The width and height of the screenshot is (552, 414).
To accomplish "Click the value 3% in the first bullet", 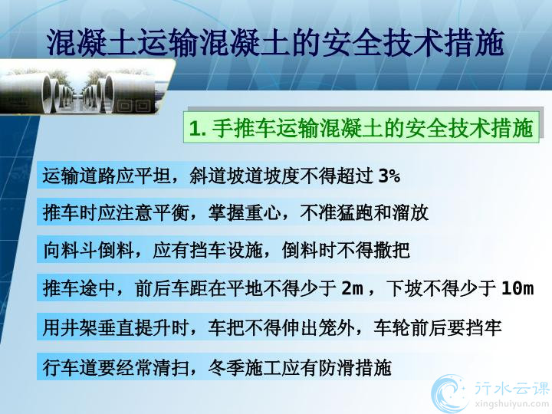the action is [x=389, y=176].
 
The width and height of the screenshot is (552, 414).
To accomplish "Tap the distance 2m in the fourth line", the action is [x=352, y=288].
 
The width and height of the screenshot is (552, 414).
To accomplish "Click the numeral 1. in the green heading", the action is [x=197, y=128].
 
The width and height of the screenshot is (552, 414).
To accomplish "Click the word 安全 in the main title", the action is [x=352, y=43].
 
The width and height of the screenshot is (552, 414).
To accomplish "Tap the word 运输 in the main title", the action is [x=168, y=43].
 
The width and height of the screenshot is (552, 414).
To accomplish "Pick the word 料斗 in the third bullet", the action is [x=79, y=251].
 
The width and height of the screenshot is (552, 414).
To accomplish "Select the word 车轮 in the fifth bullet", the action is [x=392, y=328].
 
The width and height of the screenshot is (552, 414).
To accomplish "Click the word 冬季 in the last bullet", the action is [x=226, y=367].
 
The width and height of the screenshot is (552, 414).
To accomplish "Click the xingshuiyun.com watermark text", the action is [x=511, y=402].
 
